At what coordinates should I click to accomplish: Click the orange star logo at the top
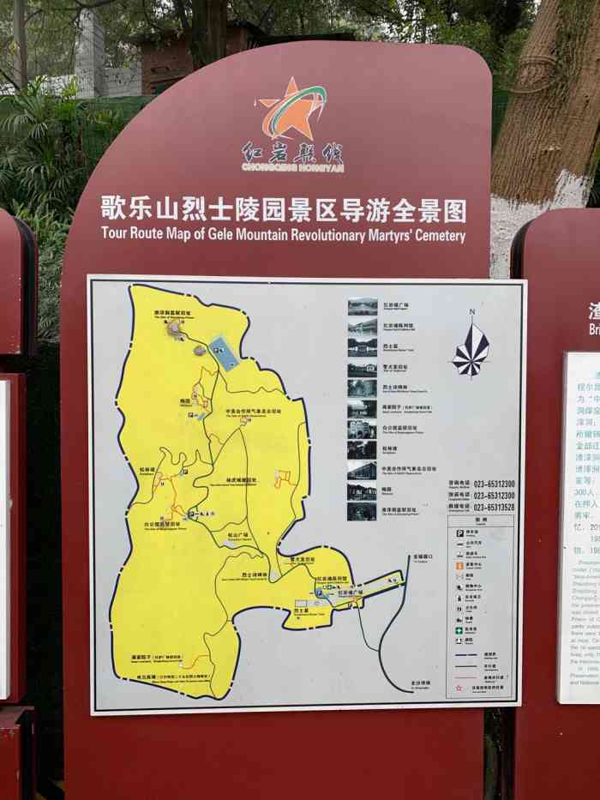[x=291, y=109]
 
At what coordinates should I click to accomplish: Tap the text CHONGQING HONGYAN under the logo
[x=292, y=168]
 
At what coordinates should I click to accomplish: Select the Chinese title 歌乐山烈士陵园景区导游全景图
[x=283, y=209]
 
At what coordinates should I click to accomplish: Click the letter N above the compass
[x=471, y=312]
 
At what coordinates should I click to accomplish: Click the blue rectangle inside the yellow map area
[x=224, y=352]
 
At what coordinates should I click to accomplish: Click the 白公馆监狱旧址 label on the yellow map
[x=162, y=523]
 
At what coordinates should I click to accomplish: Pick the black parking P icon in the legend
[x=459, y=532]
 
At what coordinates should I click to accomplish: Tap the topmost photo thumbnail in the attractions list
[x=362, y=306]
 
